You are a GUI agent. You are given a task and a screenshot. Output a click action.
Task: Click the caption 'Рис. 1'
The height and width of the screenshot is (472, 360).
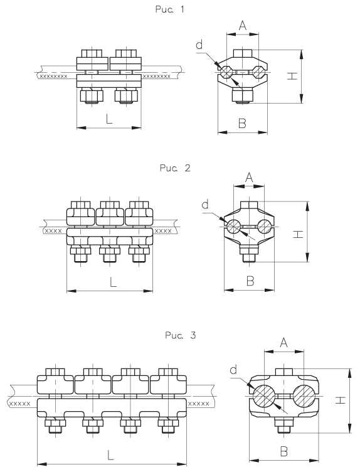tap(169, 9)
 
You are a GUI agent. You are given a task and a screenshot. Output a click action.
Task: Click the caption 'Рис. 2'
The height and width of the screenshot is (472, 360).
tap(175, 168)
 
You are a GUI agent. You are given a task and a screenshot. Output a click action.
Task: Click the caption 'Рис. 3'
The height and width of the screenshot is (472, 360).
tap(181, 335)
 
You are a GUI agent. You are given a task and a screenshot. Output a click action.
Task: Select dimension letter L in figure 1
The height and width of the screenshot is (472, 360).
tap(109, 119)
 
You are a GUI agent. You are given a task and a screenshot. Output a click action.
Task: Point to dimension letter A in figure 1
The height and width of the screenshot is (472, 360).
tap(243, 26)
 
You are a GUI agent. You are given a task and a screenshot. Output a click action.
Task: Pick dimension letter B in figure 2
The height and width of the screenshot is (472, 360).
tap(250, 281)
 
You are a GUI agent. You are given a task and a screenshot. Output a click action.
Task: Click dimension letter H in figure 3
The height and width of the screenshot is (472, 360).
tap(341, 400)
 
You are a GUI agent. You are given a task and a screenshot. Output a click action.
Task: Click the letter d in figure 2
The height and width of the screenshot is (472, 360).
tap(205, 205)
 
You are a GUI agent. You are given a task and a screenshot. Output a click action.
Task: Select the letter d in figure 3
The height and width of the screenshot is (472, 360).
tap(233, 370)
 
